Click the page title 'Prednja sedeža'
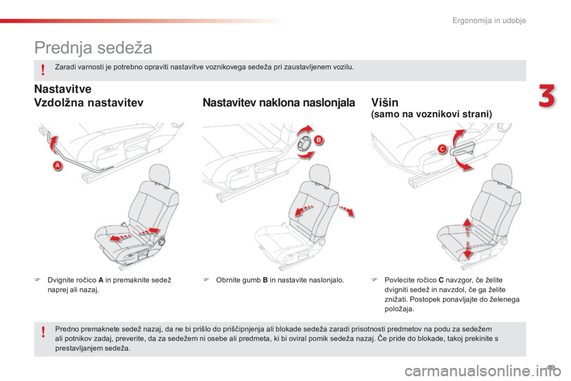93,46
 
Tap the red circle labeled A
58,166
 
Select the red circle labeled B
318,140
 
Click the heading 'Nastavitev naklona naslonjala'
279,103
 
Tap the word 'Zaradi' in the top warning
64,67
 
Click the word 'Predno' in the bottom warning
65,328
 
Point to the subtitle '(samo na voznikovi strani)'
431,114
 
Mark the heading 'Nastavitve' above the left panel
62,90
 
